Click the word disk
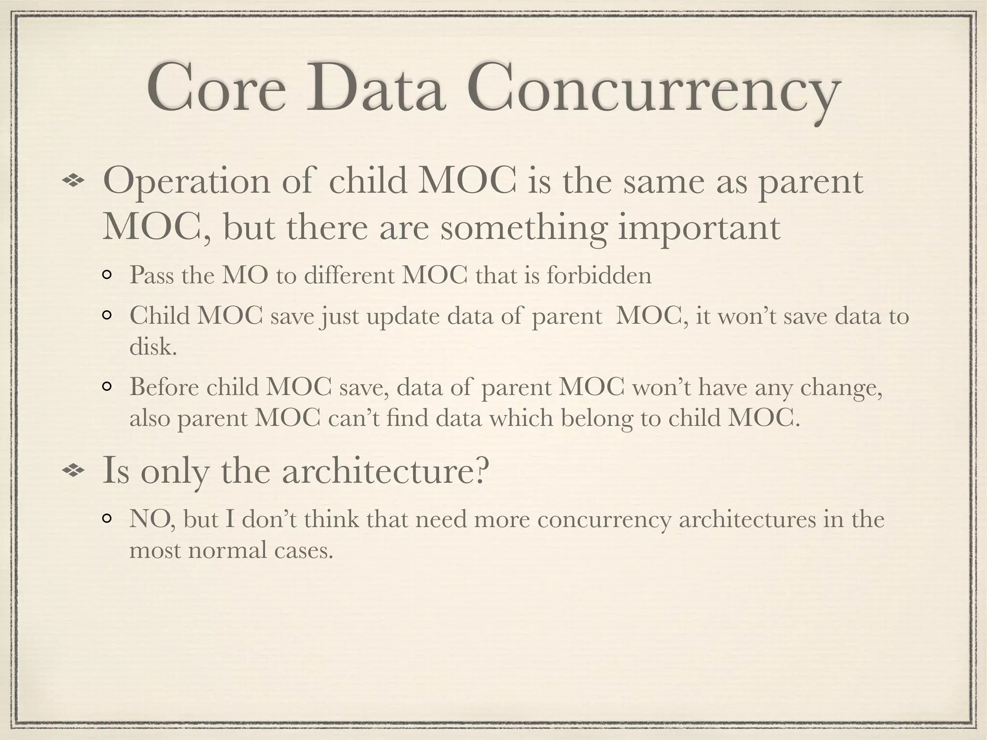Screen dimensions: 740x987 153,346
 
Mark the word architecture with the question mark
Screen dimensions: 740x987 386,471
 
